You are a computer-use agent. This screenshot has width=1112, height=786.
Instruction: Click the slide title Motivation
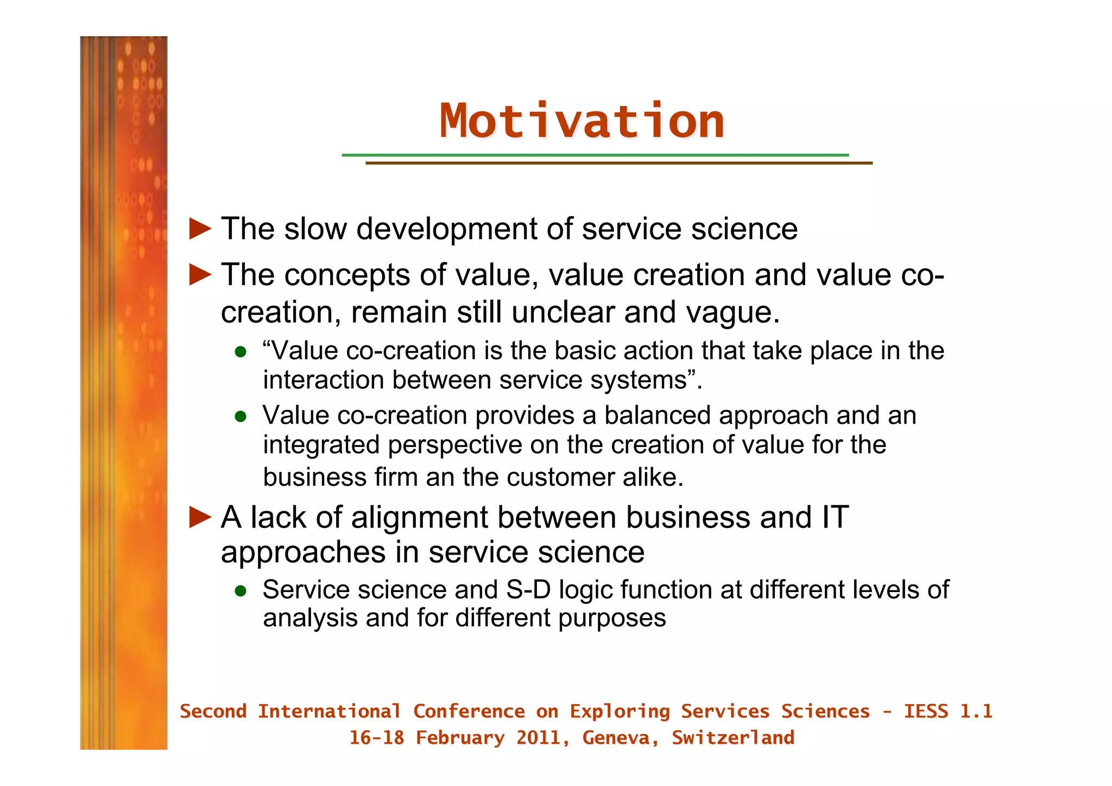tap(582, 121)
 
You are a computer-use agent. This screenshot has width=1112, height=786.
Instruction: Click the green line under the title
tap(595, 155)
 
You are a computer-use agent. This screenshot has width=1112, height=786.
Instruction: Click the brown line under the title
tap(618, 163)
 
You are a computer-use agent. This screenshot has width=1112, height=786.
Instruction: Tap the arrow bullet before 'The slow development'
tap(200, 229)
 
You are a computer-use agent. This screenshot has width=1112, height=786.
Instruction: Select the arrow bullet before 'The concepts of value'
tap(200, 275)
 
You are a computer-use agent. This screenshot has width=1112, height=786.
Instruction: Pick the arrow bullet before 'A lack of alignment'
tap(200, 517)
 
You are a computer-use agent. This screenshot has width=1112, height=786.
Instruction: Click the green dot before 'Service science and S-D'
tap(241, 591)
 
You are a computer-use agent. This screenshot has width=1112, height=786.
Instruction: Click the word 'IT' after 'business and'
tap(835, 517)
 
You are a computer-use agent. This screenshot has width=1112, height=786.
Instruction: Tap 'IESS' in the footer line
tap(925, 712)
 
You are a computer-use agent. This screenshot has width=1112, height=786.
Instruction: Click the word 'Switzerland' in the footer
tap(733, 738)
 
